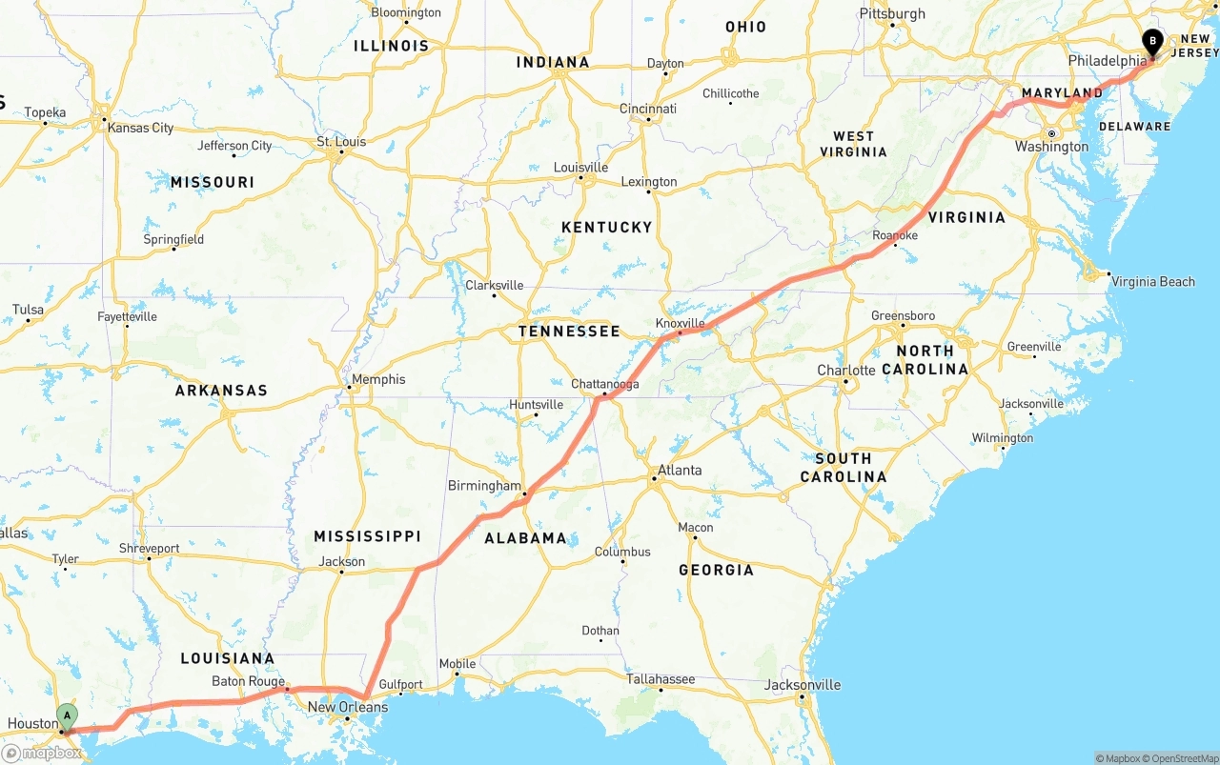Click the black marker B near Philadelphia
pos(1151,42)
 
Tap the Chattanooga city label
pos(605,384)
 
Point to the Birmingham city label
pos(485,486)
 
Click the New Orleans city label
pos(348,707)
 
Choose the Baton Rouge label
pos(248,681)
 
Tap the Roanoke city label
pos(895,235)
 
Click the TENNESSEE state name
pos(569,332)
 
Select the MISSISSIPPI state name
pos(367,536)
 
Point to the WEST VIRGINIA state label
pos(853,144)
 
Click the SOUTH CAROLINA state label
pos(844,467)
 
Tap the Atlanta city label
pos(680,470)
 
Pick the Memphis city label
pos(378,379)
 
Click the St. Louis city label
pos(341,142)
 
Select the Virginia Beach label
pos(1152,281)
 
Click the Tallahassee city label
pos(660,679)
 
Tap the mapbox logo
pos(43,753)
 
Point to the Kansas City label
pos(140,128)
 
